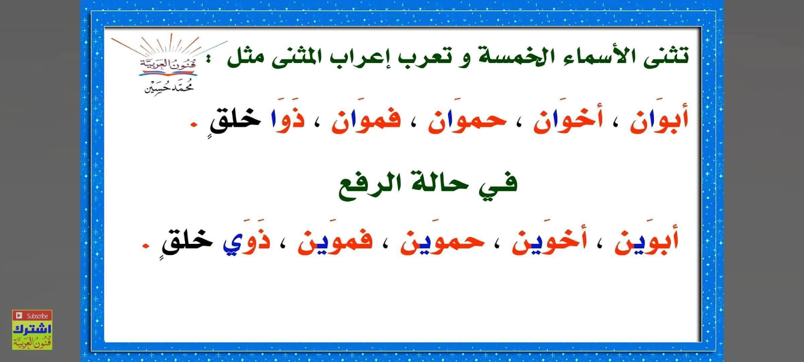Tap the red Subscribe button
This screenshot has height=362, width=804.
[x=32, y=316]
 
